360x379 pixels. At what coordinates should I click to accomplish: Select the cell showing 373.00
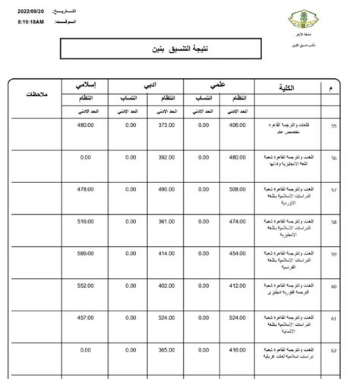click(x=167, y=126)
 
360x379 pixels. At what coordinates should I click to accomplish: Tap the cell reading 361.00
click(x=167, y=221)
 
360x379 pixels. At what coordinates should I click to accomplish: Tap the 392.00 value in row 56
click(x=167, y=158)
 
